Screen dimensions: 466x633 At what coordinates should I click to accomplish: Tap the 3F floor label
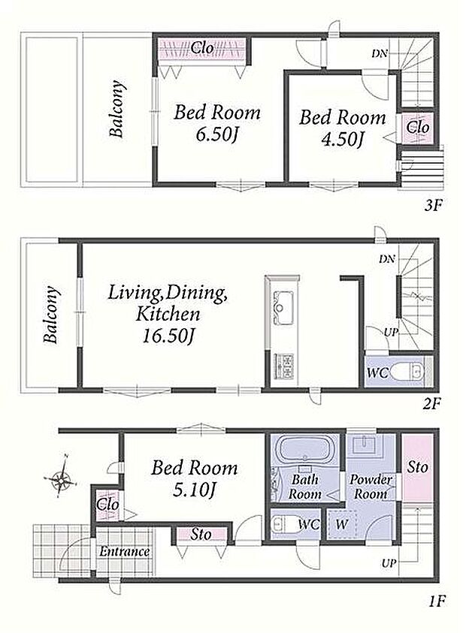(434, 206)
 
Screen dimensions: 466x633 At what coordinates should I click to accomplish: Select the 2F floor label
(431, 403)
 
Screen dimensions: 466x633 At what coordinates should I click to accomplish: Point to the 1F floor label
(436, 602)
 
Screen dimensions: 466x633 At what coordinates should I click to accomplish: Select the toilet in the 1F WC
(288, 525)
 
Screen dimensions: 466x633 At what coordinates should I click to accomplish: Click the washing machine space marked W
(341, 524)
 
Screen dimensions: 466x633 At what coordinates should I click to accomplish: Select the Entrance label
(125, 551)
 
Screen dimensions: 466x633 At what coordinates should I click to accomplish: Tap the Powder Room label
(371, 487)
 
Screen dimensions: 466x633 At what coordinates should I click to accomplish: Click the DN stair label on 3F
(380, 53)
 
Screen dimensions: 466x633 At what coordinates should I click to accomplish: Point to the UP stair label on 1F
(389, 562)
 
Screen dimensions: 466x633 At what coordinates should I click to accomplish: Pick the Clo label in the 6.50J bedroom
(202, 48)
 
